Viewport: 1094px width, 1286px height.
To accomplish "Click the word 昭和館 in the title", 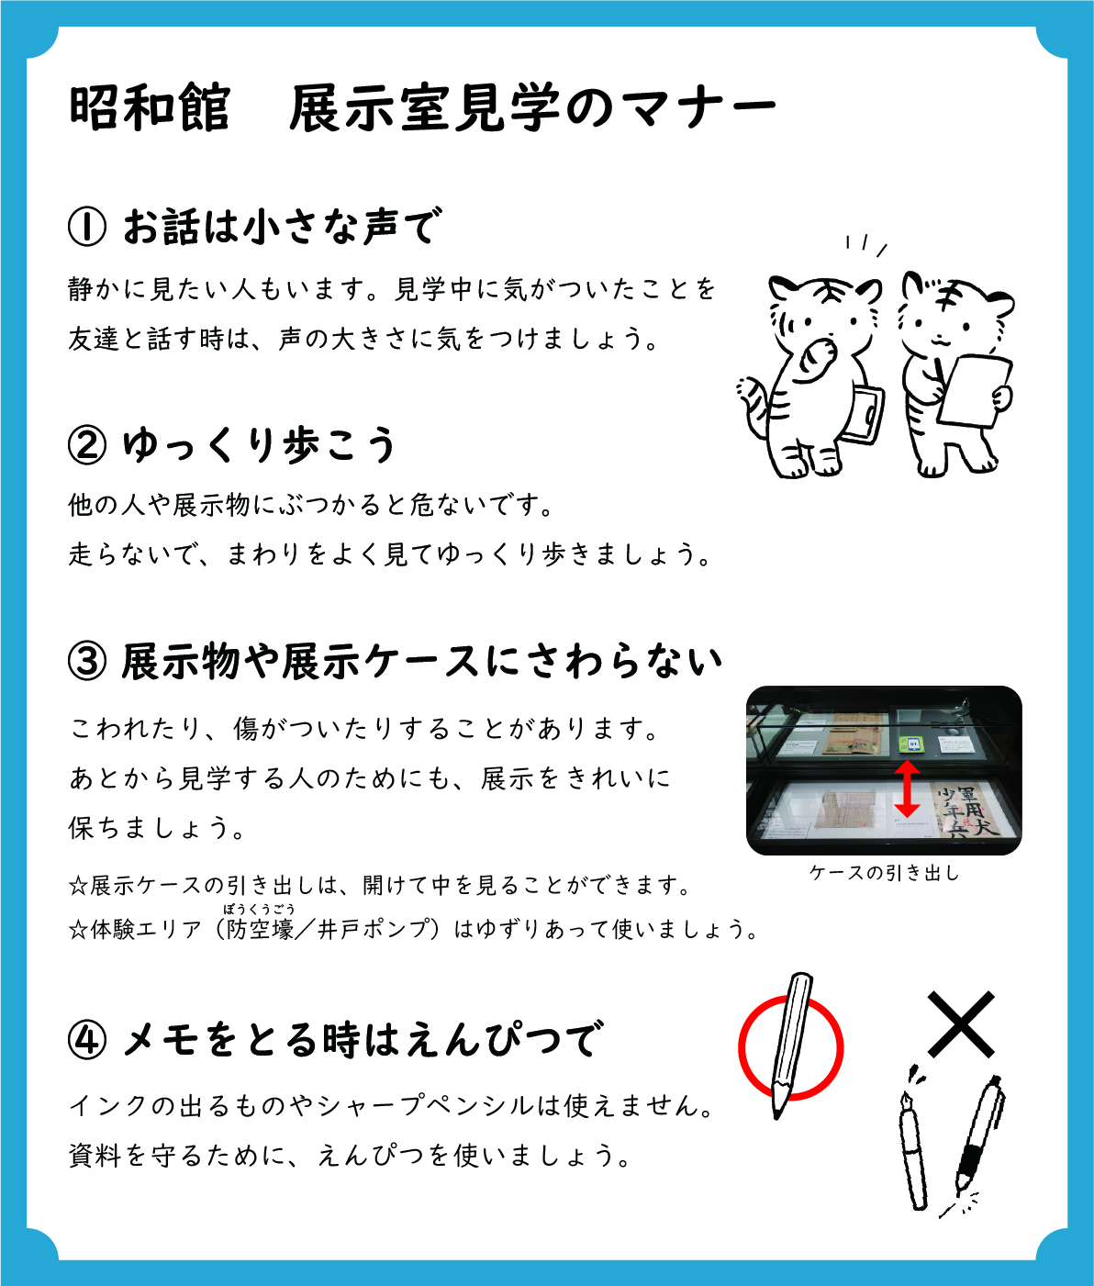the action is pos(150,109).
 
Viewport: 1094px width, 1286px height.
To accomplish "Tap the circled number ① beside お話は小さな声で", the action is pos(87,227).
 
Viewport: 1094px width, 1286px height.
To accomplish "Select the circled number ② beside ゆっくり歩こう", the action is pos(87,445).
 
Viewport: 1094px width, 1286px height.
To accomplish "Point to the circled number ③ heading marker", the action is pos(87,662).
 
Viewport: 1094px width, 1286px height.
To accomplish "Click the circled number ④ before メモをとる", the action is pos(87,1040).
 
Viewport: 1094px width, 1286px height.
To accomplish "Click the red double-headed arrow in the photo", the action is pos(907,788).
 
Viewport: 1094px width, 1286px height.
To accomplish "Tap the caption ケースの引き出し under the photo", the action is pos(885,874).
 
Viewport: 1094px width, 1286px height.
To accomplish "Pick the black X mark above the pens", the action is pos(961,1024).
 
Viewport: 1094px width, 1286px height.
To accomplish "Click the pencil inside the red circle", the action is pos(790,1047).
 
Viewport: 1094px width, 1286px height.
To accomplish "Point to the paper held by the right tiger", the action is pos(975,390).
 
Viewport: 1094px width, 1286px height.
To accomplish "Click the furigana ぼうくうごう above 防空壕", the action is pos(259,910).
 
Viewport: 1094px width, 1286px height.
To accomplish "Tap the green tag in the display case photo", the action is pos(913,744).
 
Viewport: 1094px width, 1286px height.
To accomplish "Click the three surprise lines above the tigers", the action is pos(866,246).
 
